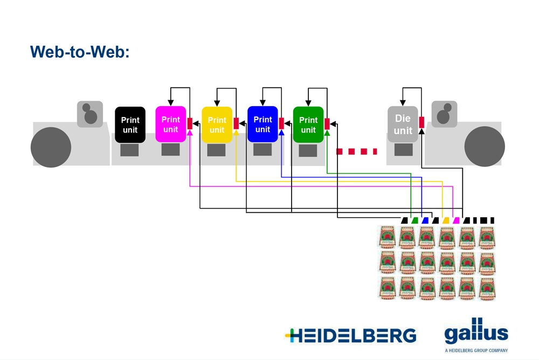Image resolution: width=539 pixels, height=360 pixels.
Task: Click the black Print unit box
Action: (130, 124)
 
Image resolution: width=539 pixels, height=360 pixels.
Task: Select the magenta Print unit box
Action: (170, 124)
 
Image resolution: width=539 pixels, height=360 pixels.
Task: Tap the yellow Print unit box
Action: (217, 124)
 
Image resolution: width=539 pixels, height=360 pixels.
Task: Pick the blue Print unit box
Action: (262, 124)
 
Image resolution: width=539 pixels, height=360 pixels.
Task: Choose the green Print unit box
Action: (308, 124)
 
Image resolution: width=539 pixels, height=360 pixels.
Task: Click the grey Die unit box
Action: (403, 124)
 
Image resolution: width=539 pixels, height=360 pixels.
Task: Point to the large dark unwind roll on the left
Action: (51, 146)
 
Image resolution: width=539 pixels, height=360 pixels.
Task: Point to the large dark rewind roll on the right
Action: (484, 146)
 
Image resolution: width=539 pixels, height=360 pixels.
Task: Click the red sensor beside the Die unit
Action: (421, 122)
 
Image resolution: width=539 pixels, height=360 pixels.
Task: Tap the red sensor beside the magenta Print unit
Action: (190, 123)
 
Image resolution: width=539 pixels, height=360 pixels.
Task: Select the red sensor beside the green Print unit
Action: (327, 123)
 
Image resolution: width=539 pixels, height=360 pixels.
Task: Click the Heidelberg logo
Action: (350, 335)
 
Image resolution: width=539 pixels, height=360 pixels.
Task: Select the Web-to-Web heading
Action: (80, 52)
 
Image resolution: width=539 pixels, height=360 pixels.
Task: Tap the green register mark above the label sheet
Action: (414, 220)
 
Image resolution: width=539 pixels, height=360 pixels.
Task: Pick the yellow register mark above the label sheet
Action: (446, 220)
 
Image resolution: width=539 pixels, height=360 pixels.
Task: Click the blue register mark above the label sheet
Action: (425, 220)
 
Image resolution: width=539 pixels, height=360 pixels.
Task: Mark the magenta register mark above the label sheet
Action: (456, 220)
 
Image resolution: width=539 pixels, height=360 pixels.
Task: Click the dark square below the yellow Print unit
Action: (216, 150)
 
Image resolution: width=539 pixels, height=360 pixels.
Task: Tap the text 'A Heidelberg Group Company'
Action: (476, 350)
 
